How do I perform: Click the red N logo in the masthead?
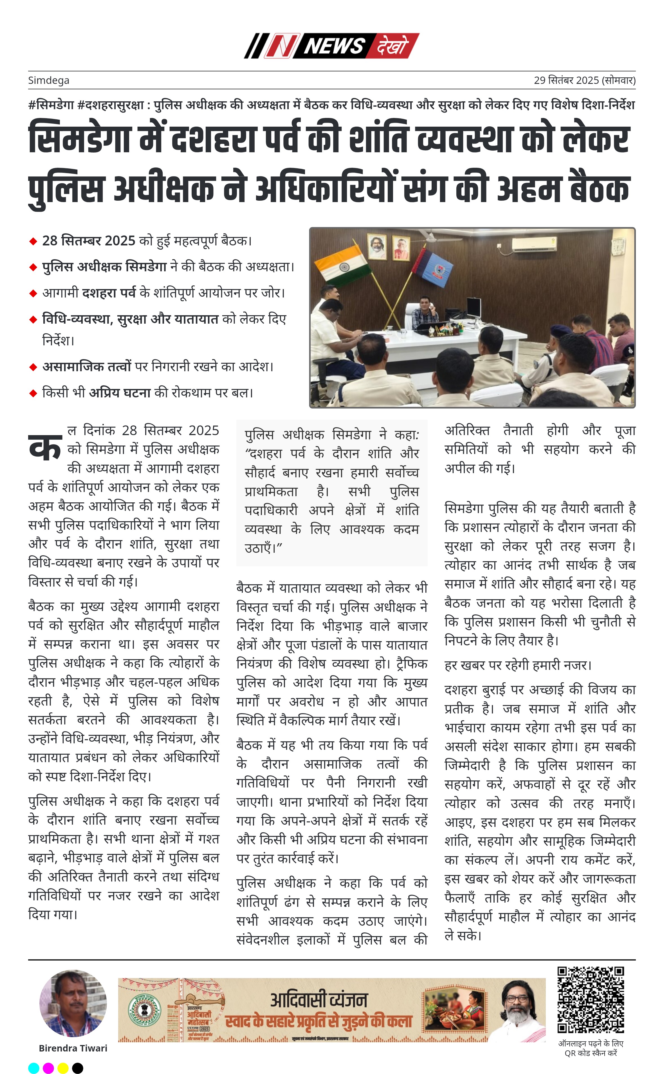pyautogui.click(x=281, y=46)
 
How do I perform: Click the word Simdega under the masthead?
pyautogui.click(x=49, y=80)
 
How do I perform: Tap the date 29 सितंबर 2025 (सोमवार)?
pyautogui.click(x=584, y=80)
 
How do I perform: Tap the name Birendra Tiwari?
pyautogui.click(x=73, y=1048)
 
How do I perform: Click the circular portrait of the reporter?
pyautogui.click(x=73, y=1004)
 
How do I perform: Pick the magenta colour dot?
pyautogui.click(x=48, y=1068)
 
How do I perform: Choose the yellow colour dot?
pyautogui.click(x=63, y=1068)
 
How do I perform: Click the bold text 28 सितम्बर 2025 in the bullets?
pyautogui.click(x=89, y=241)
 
